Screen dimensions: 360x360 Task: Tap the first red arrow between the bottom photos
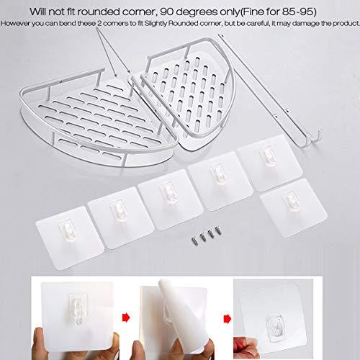126,318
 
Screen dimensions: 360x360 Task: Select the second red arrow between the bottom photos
228,319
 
